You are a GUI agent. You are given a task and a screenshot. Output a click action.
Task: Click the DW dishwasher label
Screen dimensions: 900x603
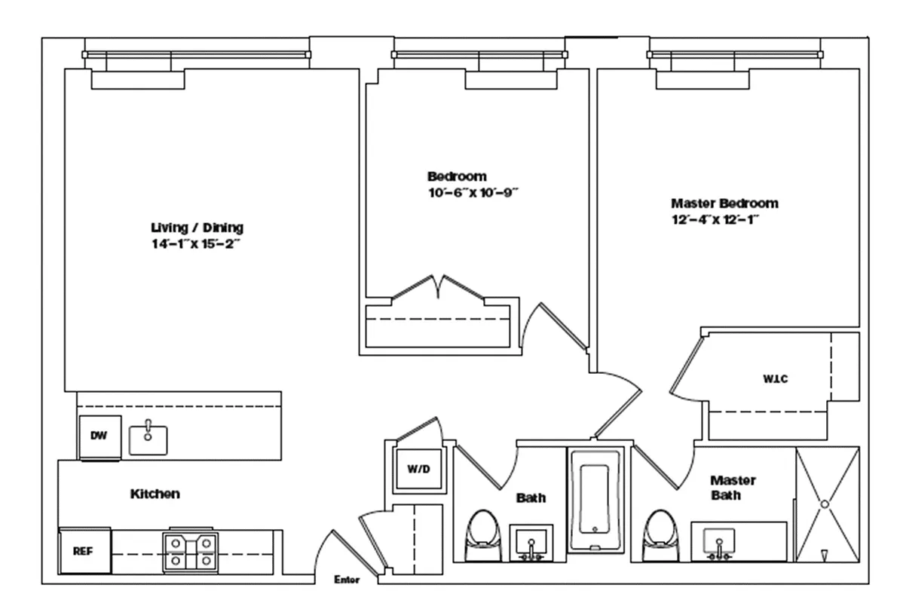(99, 436)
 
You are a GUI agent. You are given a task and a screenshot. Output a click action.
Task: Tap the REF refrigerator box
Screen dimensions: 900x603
(84, 551)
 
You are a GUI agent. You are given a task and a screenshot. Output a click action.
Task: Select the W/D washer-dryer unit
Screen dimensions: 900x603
(418, 470)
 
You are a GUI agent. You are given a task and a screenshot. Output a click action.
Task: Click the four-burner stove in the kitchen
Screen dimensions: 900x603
(190, 551)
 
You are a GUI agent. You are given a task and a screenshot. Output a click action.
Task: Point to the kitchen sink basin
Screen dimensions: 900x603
(148, 439)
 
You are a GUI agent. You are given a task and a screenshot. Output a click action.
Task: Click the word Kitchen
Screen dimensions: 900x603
(155, 494)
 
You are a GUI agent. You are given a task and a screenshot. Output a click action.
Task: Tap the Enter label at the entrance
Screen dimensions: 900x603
(347, 580)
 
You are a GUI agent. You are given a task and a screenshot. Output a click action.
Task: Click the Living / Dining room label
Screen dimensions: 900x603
(197, 228)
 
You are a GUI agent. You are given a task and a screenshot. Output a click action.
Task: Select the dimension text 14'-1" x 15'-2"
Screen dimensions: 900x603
(195, 244)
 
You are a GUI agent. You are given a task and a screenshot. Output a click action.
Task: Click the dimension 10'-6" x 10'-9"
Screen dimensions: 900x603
(473, 193)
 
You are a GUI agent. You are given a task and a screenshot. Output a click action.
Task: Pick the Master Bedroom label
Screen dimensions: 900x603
(724, 203)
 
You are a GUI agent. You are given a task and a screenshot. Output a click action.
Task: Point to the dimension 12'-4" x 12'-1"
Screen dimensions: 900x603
(715, 220)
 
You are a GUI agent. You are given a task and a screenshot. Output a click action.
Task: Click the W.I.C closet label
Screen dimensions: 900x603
(776, 378)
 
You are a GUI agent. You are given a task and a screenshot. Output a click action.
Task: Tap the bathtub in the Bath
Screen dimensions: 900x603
(595, 500)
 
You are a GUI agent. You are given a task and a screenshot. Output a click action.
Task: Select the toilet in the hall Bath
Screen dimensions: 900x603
(483, 536)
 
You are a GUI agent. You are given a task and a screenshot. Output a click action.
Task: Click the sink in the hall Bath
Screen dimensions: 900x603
(531, 543)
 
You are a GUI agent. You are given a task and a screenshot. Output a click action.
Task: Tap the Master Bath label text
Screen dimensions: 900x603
(732, 487)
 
